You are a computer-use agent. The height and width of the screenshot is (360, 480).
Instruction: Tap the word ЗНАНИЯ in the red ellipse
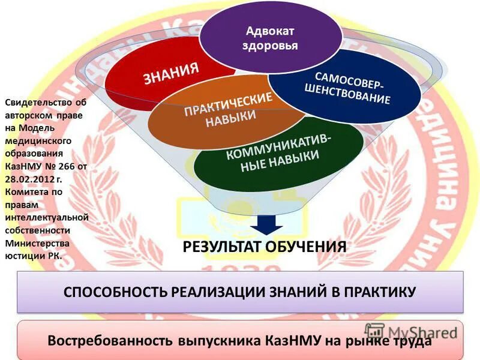pyautogui.click(x=171, y=74)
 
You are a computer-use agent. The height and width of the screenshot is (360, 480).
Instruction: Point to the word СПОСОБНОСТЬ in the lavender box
pyautogui.click(x=115, y=292)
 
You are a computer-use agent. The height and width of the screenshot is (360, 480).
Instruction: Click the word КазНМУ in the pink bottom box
pyautogui.click(x=290, y=341)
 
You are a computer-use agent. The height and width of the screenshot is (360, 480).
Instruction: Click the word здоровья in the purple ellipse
pyautogui.click(x=271, y=46)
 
